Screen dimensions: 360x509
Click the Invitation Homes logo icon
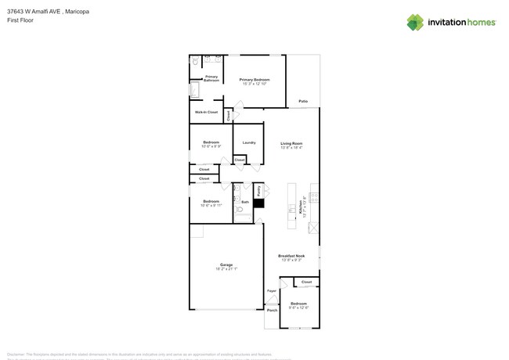coord(415,22)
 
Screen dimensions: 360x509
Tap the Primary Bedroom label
coord(254,80)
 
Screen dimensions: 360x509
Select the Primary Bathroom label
coord(211,78)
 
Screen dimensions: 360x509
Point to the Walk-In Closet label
coord(207,112)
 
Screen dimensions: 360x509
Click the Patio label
coord(303,102)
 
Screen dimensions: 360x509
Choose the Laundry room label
coord(249,142)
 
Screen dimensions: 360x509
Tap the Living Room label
coord(291,143)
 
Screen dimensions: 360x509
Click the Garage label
coord(226,265)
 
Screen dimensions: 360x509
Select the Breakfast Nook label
coord(291,256)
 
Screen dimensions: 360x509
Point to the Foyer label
coord(272,291)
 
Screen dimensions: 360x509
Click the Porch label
coord(273,310)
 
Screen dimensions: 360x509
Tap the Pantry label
coord(258,190)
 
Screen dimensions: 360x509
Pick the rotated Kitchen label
coord(300,206)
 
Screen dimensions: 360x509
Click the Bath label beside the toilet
coord(245,202)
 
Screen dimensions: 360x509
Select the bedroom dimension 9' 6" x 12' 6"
coord(299,308)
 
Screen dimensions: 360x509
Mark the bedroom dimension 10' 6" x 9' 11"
coord(211,205)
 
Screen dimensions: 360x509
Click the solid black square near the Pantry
coord(258,203)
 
